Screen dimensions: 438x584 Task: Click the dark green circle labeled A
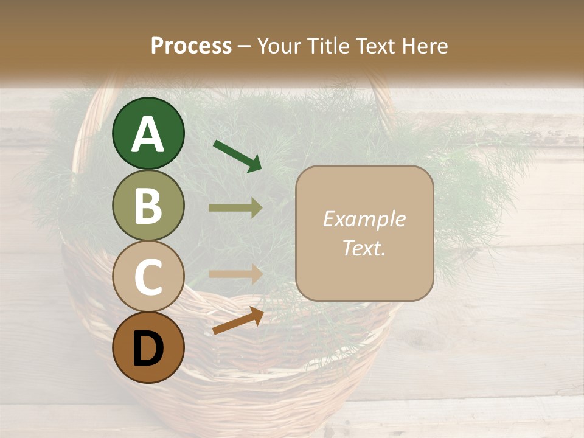148,134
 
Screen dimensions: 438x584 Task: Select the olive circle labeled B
148,206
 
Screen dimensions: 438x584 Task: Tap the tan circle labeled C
148,276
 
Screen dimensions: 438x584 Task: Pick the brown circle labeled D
148,348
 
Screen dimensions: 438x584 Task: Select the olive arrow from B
235,208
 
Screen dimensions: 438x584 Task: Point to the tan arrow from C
235,274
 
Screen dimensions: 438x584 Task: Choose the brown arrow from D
238,321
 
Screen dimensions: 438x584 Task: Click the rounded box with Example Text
364,233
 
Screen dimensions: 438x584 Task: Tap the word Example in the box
364,219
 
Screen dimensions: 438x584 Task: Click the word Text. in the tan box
364,248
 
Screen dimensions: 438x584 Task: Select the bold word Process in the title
191,46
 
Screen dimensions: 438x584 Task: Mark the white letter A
148,134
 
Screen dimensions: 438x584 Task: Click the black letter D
148,349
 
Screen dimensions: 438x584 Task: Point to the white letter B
148,206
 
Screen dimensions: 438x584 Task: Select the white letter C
148,277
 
